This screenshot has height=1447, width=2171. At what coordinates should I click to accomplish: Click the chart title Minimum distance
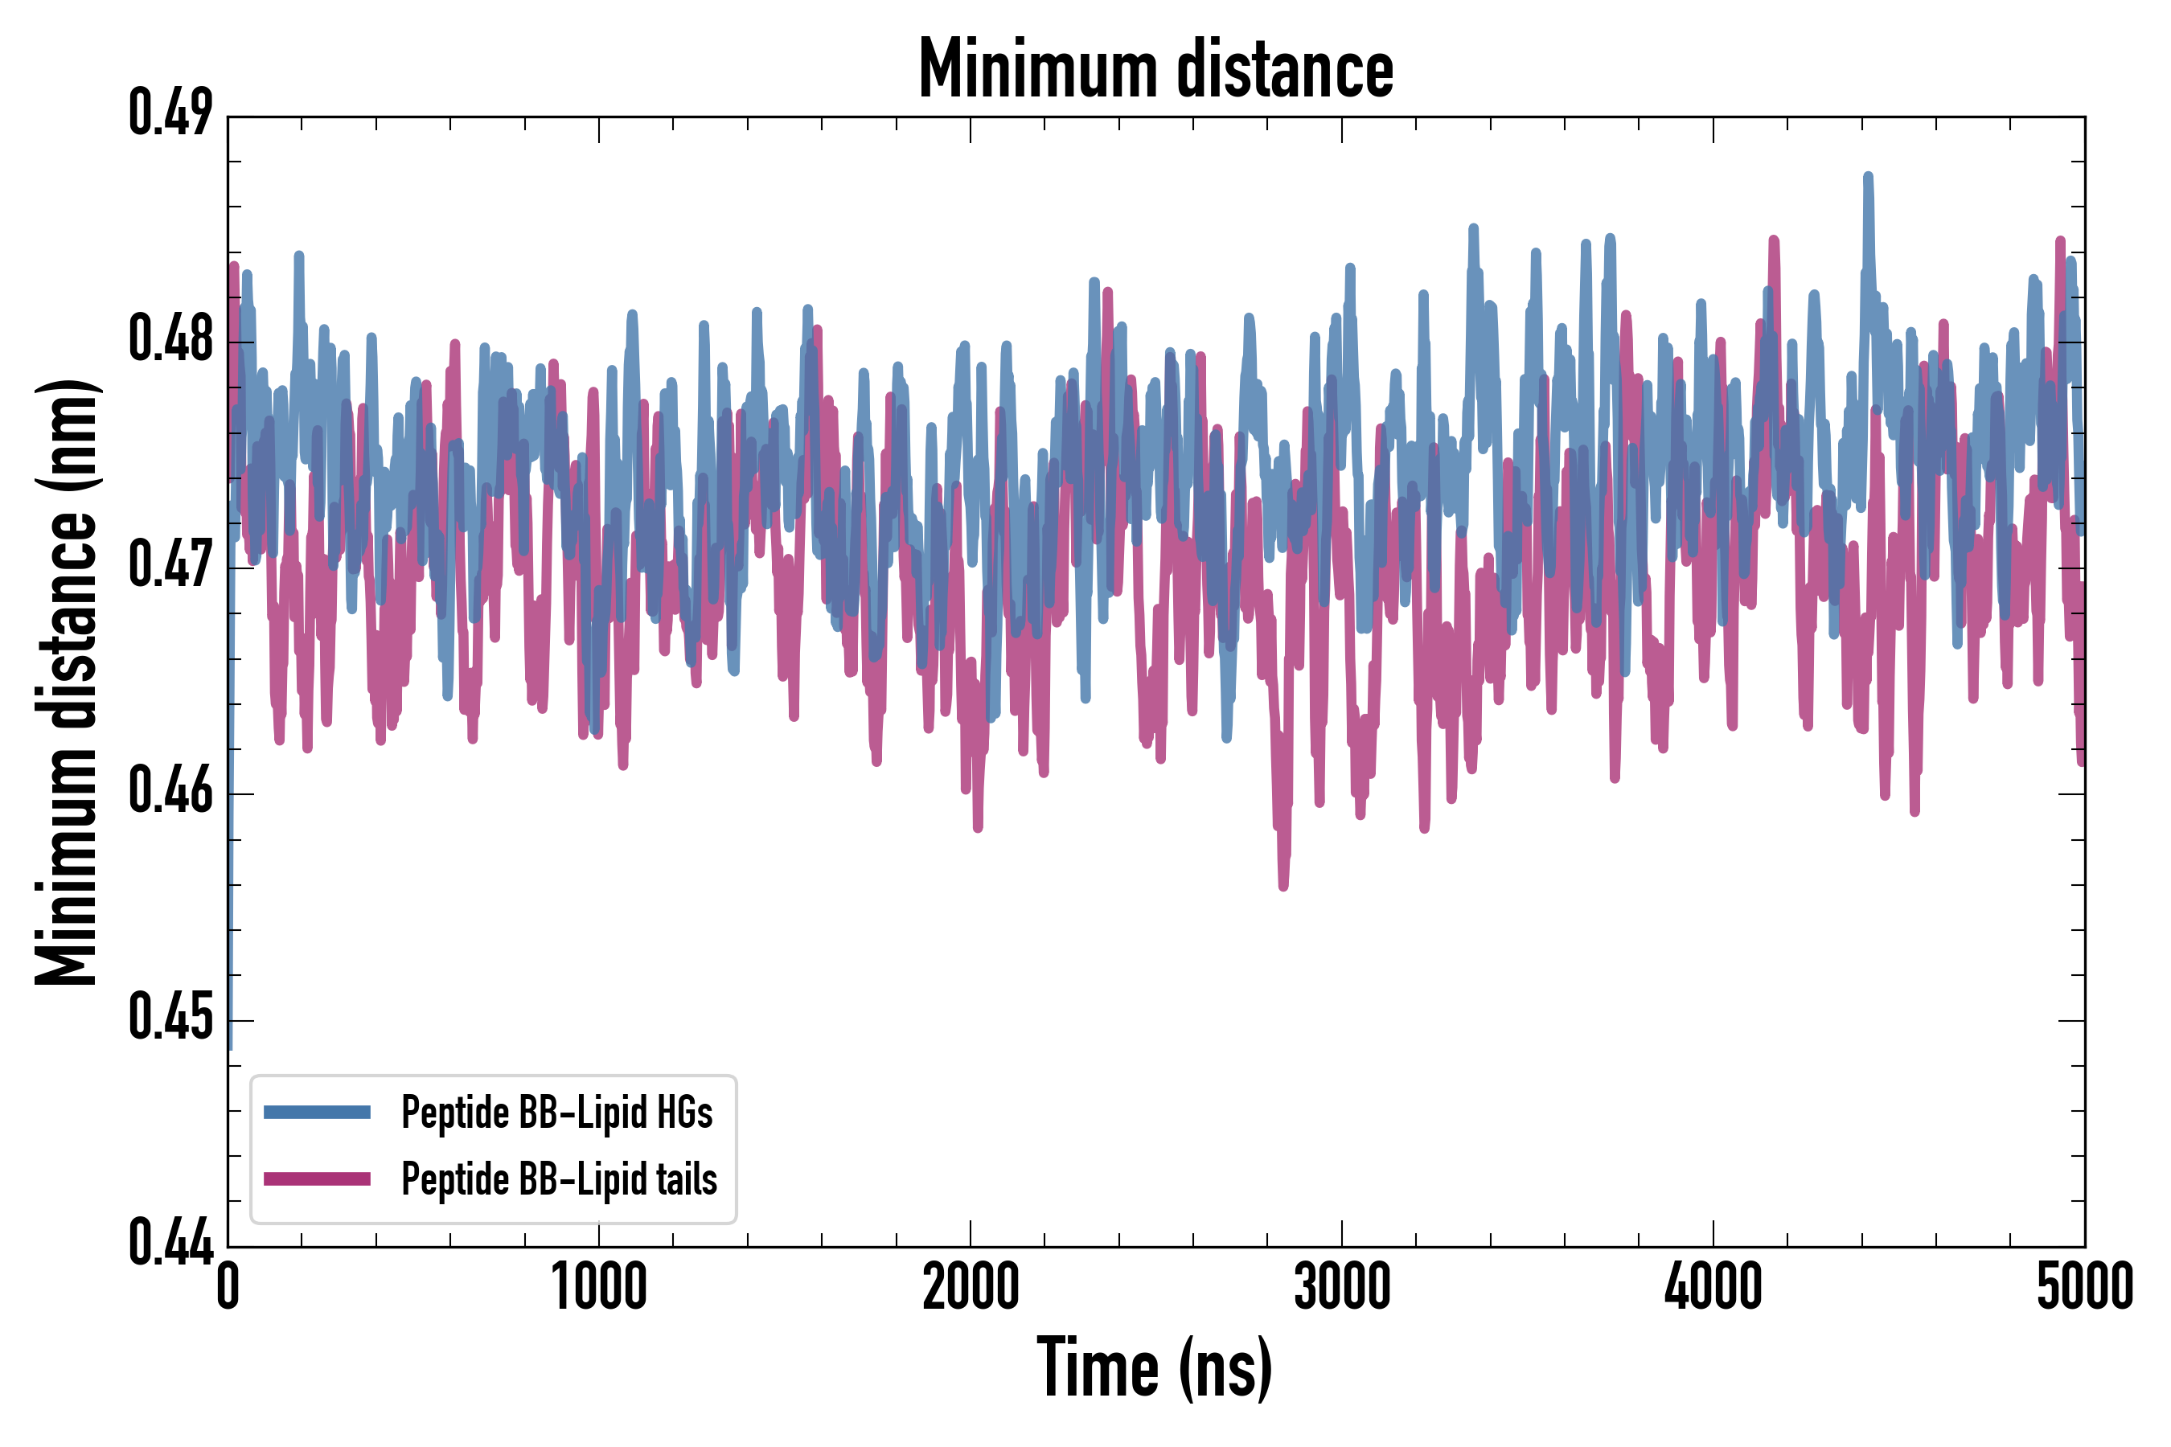(x=1155, y=69)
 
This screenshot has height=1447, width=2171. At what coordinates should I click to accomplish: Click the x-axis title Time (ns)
(x=1155, y=1367)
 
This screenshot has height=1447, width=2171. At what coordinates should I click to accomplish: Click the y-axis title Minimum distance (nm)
(x=67, y=682)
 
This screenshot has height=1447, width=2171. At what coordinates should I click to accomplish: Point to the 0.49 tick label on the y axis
(x=170, y=114)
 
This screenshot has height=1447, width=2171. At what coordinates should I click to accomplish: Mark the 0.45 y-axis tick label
(x=170, y=1019)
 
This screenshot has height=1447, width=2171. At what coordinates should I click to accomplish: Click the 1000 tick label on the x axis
(x=599, y=1287)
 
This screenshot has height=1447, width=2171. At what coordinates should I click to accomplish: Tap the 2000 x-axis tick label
(x=971, y=1287)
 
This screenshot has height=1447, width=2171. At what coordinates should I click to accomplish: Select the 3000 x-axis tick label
(x=1341, y=1287)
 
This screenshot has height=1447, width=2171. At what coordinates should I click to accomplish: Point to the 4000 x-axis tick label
(x=1713, y=1287)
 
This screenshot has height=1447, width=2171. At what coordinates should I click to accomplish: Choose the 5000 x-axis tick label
(x=2084, y=1287)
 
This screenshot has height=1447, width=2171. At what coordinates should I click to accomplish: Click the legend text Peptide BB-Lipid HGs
(x=556, y=1113)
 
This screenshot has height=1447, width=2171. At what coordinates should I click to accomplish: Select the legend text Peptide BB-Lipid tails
(x=559, y=1179)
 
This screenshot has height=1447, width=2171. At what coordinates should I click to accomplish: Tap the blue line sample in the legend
(x=317, y=1112)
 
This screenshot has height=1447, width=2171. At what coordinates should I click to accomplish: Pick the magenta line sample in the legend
(x=317, y=1179)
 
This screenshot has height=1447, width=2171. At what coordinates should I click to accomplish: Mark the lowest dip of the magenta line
(x=1283, y=885)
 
